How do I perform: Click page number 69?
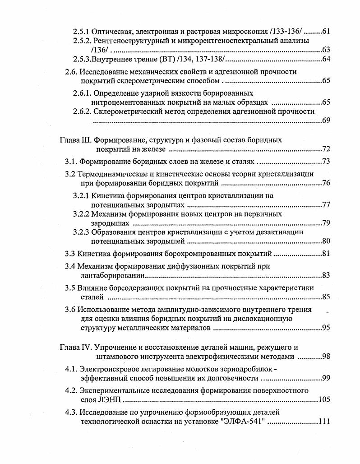tap(327, 121)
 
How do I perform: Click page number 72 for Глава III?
tap(327, 149)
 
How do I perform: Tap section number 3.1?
tap(72, 162)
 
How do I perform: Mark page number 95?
tap(327, 328)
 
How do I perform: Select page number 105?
tap(325, 399)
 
